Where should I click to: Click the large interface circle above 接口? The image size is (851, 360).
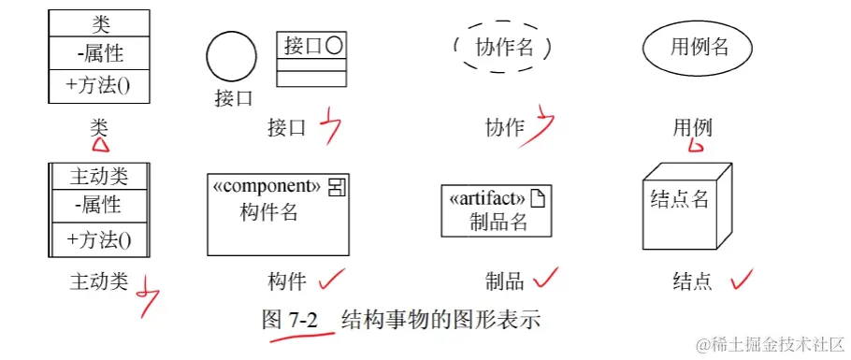(231, 56)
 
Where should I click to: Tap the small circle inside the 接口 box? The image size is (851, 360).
(333, 44)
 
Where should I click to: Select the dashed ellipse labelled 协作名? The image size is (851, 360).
(502, 47)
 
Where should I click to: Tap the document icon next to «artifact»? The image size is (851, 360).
(538, 197)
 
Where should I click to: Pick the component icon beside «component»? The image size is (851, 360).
(336, 186)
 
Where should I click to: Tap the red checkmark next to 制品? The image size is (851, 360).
(545, 277)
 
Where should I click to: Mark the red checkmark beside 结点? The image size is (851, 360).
(741, 278)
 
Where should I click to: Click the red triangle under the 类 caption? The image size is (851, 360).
(99, 144)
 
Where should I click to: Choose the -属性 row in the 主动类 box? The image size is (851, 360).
(99, 204)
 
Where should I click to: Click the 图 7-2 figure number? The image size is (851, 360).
(291, 320)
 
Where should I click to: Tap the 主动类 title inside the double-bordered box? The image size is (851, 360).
(99, 176)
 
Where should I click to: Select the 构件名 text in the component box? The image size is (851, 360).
(269, 212)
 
